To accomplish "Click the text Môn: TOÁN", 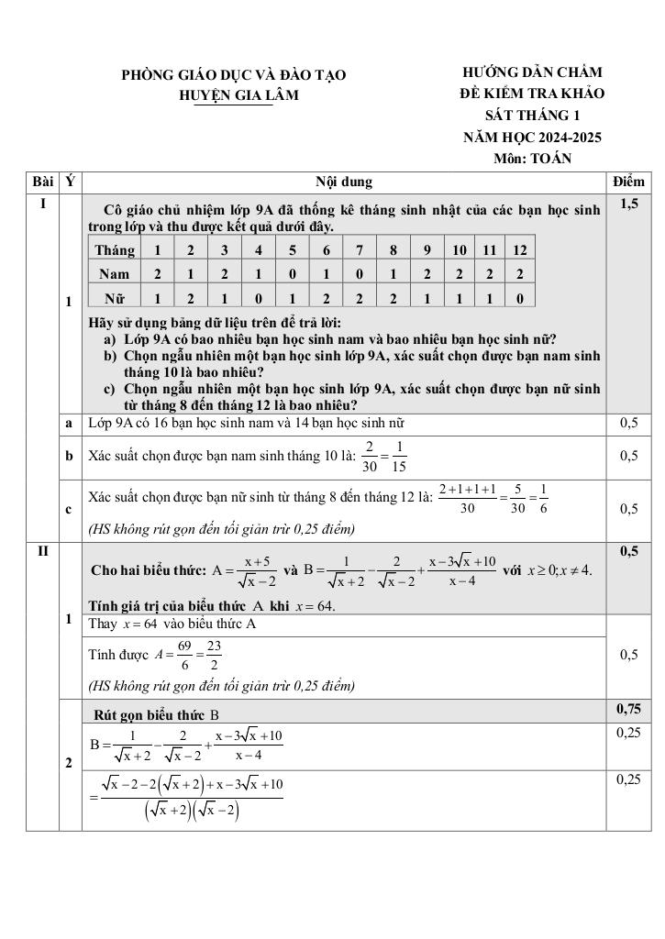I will [x=532, y=159].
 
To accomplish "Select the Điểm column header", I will [x=628, y=182].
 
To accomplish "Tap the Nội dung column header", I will [x=344, y=182].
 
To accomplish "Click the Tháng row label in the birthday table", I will [x=115, y=250].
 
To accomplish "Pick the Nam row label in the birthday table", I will [x=115, y=273].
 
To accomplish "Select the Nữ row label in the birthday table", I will [x=115, y=297].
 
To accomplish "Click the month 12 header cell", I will [x=519, y=250].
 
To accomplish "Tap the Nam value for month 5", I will [x=292, y=273].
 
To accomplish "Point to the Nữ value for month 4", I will [x=258, y=297].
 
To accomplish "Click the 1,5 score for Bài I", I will [x=628, y=204].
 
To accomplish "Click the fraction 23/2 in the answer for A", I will [x=214, y=655].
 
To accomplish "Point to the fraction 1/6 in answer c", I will [x=542, y=498].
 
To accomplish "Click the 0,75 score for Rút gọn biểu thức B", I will [x=628, y=709].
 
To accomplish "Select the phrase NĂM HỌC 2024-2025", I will [x=532, y=138].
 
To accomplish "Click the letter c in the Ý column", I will [x=70, y=509].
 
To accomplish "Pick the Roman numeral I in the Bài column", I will [x=42, y=204].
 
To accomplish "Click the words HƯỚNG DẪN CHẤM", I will [x=532, y=72].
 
